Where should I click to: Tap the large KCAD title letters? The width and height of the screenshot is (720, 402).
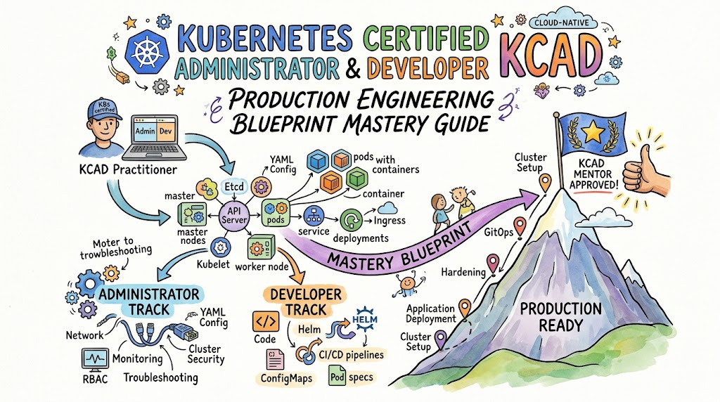[x=551, y=56]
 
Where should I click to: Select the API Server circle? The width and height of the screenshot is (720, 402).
[x=234, y=215]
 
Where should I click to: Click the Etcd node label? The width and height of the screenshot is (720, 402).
[x=234, y=187]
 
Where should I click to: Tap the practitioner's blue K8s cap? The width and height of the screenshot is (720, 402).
[x=105, y=109]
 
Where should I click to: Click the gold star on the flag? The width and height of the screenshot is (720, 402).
[x=593, y=134]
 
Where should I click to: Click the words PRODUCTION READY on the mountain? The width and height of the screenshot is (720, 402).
[x=560, y=317]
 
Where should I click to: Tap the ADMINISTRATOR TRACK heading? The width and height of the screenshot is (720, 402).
[x=149, y=301]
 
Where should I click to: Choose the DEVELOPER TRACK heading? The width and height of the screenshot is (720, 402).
[x=305, y=301]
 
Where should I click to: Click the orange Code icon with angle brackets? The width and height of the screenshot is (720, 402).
[x=265, y=321]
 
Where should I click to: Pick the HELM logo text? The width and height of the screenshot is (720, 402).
[x=365, y=319]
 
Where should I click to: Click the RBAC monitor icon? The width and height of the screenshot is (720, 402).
[x=95, y=359]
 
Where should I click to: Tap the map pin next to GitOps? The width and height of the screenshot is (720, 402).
[x=520, y=227]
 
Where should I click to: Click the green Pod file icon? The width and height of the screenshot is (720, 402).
[x=337, y=376]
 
